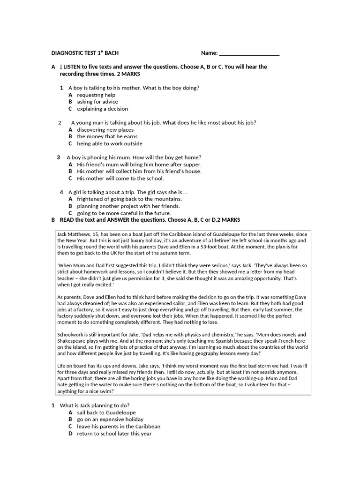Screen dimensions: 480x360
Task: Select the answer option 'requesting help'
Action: [96, 95]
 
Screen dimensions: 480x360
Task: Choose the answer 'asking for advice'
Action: [97, 102]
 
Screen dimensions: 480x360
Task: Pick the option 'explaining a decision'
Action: [102, 109]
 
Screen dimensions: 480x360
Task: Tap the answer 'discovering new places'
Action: [105, 130]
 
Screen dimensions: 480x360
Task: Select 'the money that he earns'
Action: [107, 136]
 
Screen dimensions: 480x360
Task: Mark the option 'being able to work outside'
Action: [110, 143]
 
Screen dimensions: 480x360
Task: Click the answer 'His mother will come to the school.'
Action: [120, 178]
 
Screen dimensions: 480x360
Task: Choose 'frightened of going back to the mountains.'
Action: [129, 199]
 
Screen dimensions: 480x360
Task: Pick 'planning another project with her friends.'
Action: [128, 206]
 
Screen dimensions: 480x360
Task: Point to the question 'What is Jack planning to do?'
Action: [95, 405]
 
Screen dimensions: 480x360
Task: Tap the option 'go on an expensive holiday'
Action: [110, 420]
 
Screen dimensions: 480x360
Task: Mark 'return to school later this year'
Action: [114, 434]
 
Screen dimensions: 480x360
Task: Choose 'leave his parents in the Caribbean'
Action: [119, 427]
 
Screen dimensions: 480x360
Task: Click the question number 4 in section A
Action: [61, 192]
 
